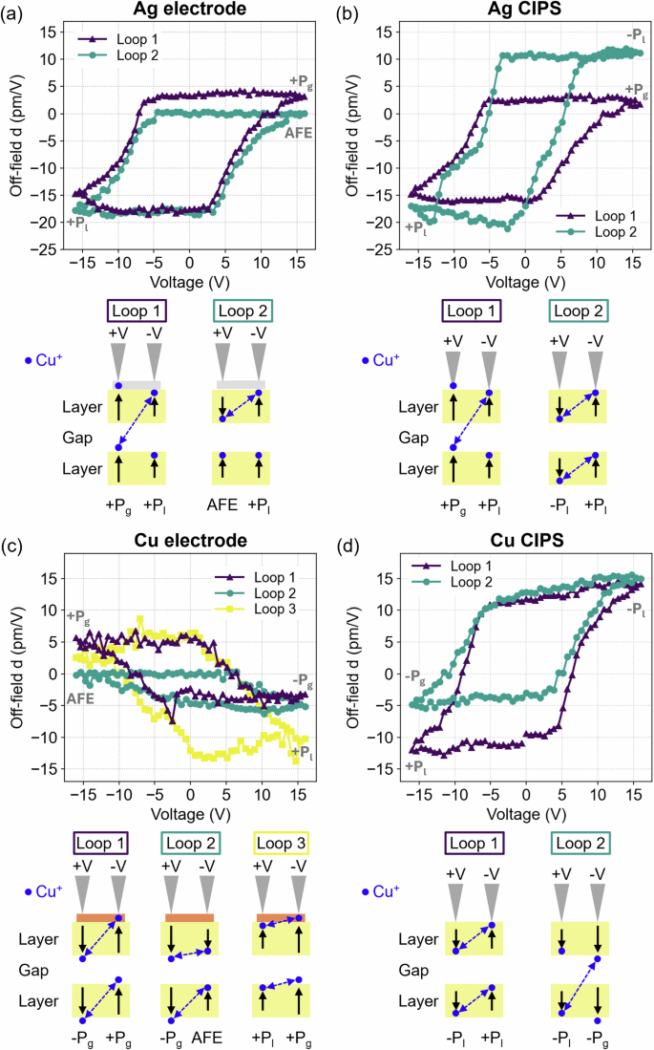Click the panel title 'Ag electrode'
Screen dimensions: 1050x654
pos(178,9)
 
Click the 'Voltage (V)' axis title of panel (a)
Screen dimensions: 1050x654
pos(178,282)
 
